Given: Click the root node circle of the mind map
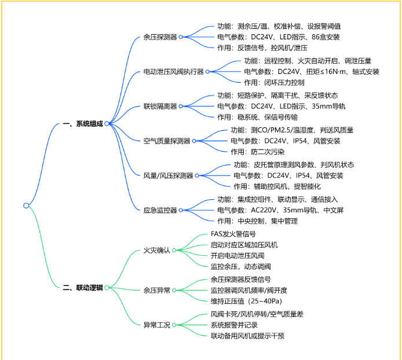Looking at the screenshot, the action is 26,205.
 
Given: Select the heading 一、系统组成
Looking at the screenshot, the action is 82,123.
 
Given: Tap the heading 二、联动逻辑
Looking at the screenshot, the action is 82,287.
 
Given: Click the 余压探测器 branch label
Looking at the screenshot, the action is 160,37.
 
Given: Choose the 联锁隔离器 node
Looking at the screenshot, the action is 160,106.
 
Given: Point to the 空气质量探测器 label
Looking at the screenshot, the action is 166,141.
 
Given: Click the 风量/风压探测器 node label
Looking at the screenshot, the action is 168,175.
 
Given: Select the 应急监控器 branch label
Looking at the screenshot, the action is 160,210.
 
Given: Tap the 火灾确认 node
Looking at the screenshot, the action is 156,251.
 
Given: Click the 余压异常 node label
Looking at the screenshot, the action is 156,291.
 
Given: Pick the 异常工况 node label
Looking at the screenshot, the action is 156,325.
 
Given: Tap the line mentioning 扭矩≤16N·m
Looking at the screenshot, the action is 312,72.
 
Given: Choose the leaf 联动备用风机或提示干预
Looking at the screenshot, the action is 247,336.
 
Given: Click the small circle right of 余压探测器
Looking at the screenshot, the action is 181,37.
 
